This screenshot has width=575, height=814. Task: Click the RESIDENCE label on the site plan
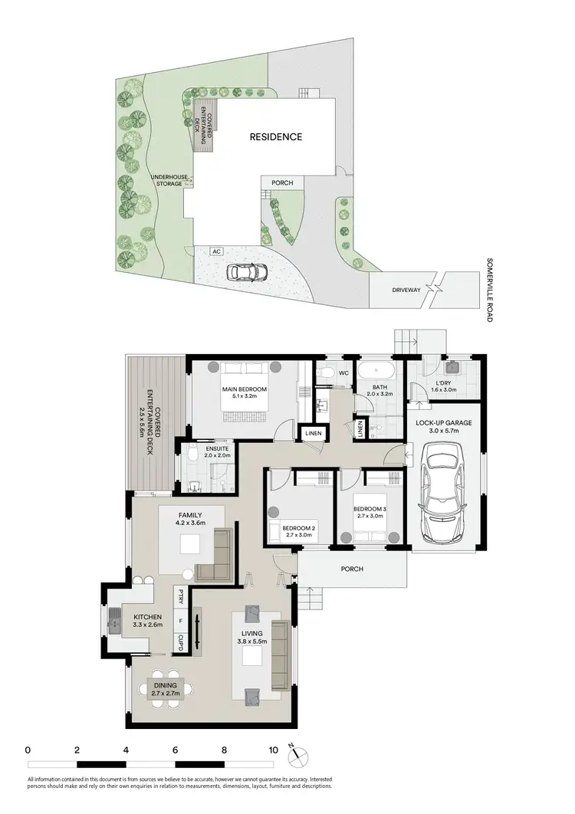275,137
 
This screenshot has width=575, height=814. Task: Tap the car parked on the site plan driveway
246,271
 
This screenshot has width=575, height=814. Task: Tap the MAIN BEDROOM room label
245,390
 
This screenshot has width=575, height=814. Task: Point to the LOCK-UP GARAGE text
444,423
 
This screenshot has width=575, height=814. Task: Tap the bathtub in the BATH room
376,371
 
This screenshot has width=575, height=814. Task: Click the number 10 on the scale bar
273,750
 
